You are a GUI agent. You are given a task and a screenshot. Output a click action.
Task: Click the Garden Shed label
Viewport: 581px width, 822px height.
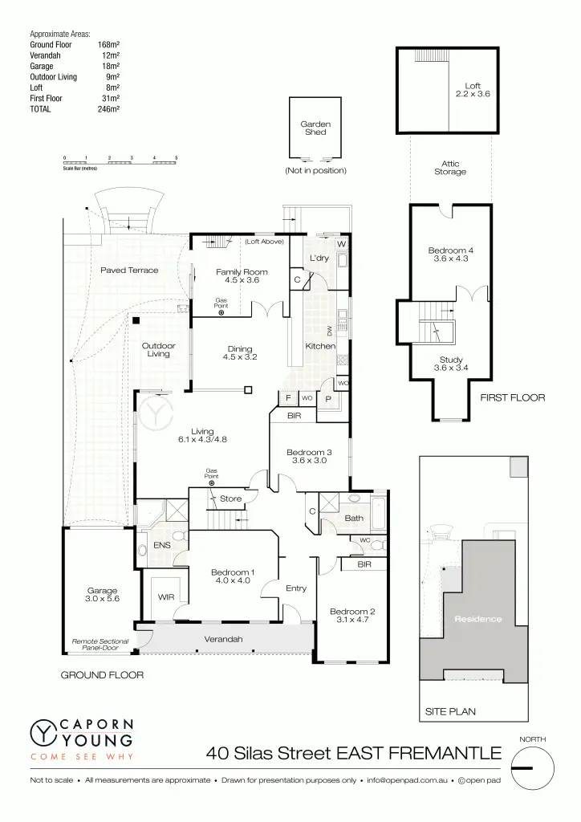[x=315, y=128]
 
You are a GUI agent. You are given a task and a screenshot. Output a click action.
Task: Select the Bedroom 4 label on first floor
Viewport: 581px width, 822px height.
[x=450, y=254]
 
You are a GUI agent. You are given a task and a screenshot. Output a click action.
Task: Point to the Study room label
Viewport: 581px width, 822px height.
[x=450, y=364]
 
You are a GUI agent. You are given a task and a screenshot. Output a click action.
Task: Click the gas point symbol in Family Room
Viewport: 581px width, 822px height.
[x=221, y=312]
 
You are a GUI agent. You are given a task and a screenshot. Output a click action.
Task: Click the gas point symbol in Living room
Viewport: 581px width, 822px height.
[x=212, y=483]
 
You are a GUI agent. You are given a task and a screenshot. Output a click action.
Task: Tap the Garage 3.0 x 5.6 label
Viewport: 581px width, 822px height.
[x=102, y=594]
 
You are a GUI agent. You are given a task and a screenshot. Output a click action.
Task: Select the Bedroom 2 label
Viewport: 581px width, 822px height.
[x=351, y=616]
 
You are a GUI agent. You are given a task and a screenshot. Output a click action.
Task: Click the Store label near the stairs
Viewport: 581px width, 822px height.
[x=230, y=499]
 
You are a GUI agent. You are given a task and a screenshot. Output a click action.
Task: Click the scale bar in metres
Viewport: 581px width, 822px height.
[x=120, y=162]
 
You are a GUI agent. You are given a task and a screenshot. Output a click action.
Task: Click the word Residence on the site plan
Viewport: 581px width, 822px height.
[x=477, y=619]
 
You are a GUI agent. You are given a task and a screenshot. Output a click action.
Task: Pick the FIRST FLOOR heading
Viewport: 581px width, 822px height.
[x=512, y=397]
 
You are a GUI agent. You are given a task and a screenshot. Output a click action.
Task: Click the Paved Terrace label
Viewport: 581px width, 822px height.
[x=129, y=271]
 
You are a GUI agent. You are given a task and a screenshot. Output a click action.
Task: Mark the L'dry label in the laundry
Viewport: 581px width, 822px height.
[x=319, y=258]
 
